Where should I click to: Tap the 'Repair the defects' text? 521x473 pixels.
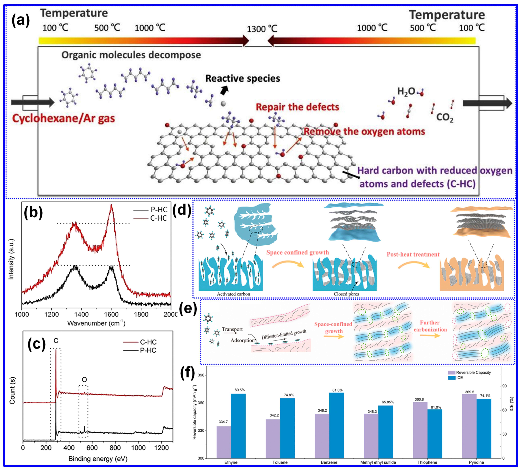coord(297,107)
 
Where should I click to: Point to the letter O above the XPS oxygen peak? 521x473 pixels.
coord(84,379)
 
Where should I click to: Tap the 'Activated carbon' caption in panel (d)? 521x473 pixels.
coord(233,294)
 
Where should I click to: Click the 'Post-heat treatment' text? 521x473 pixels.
coord(413,254)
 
